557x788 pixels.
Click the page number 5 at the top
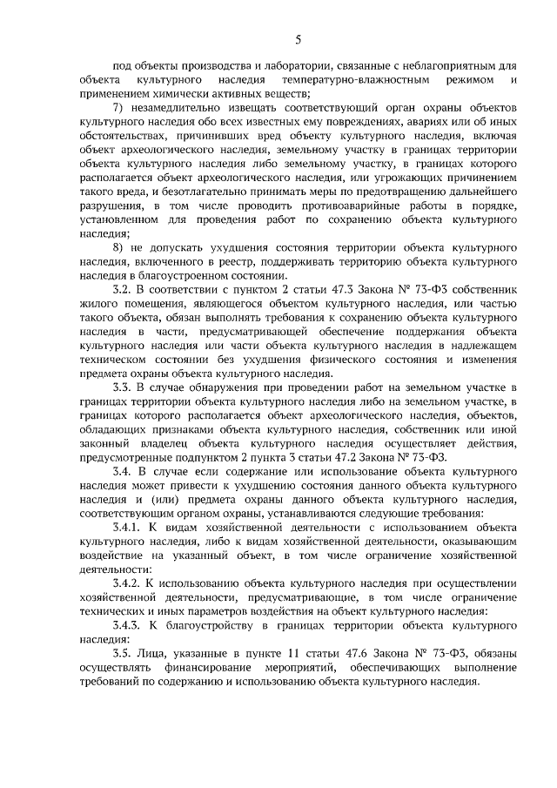(x=298, y=39)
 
